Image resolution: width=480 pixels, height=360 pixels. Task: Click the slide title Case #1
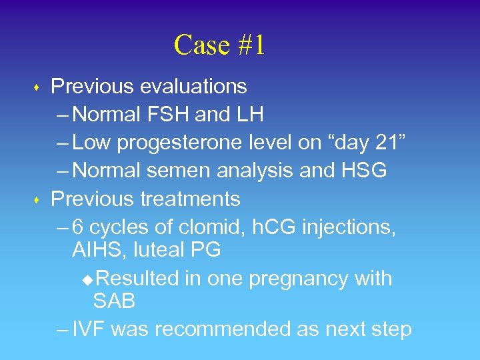click(219, 45)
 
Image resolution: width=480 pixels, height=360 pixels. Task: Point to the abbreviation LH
click(248, 115)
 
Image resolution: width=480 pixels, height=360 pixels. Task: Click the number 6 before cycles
click(78, 227)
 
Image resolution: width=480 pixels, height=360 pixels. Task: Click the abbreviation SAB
click(114, 301)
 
